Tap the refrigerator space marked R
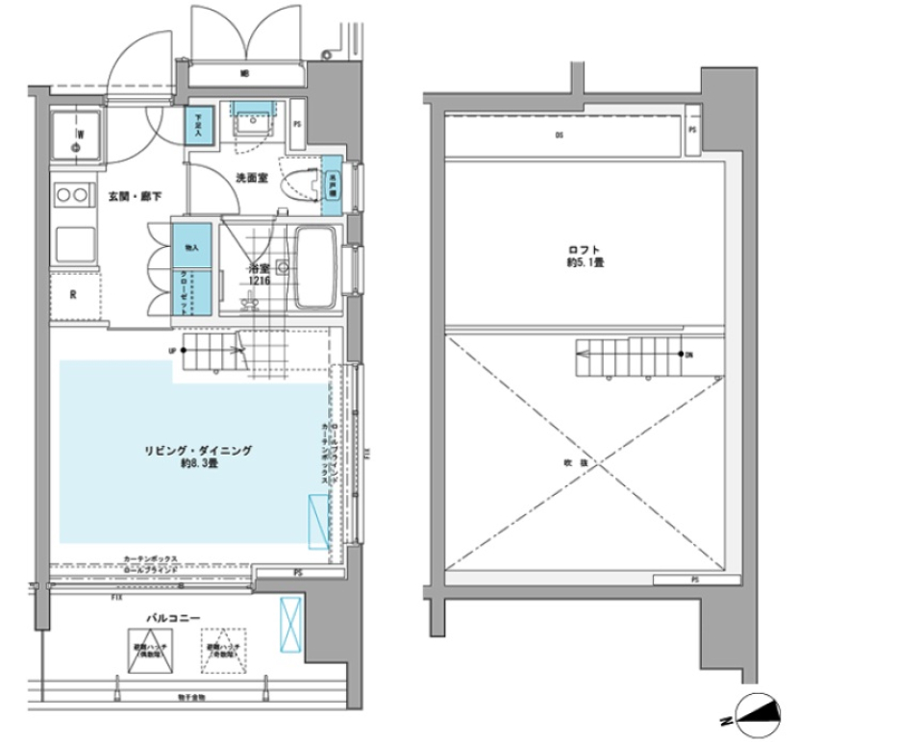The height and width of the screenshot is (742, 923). [x=74, y=295]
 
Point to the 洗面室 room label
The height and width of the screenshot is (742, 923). [x=251, y=178]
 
